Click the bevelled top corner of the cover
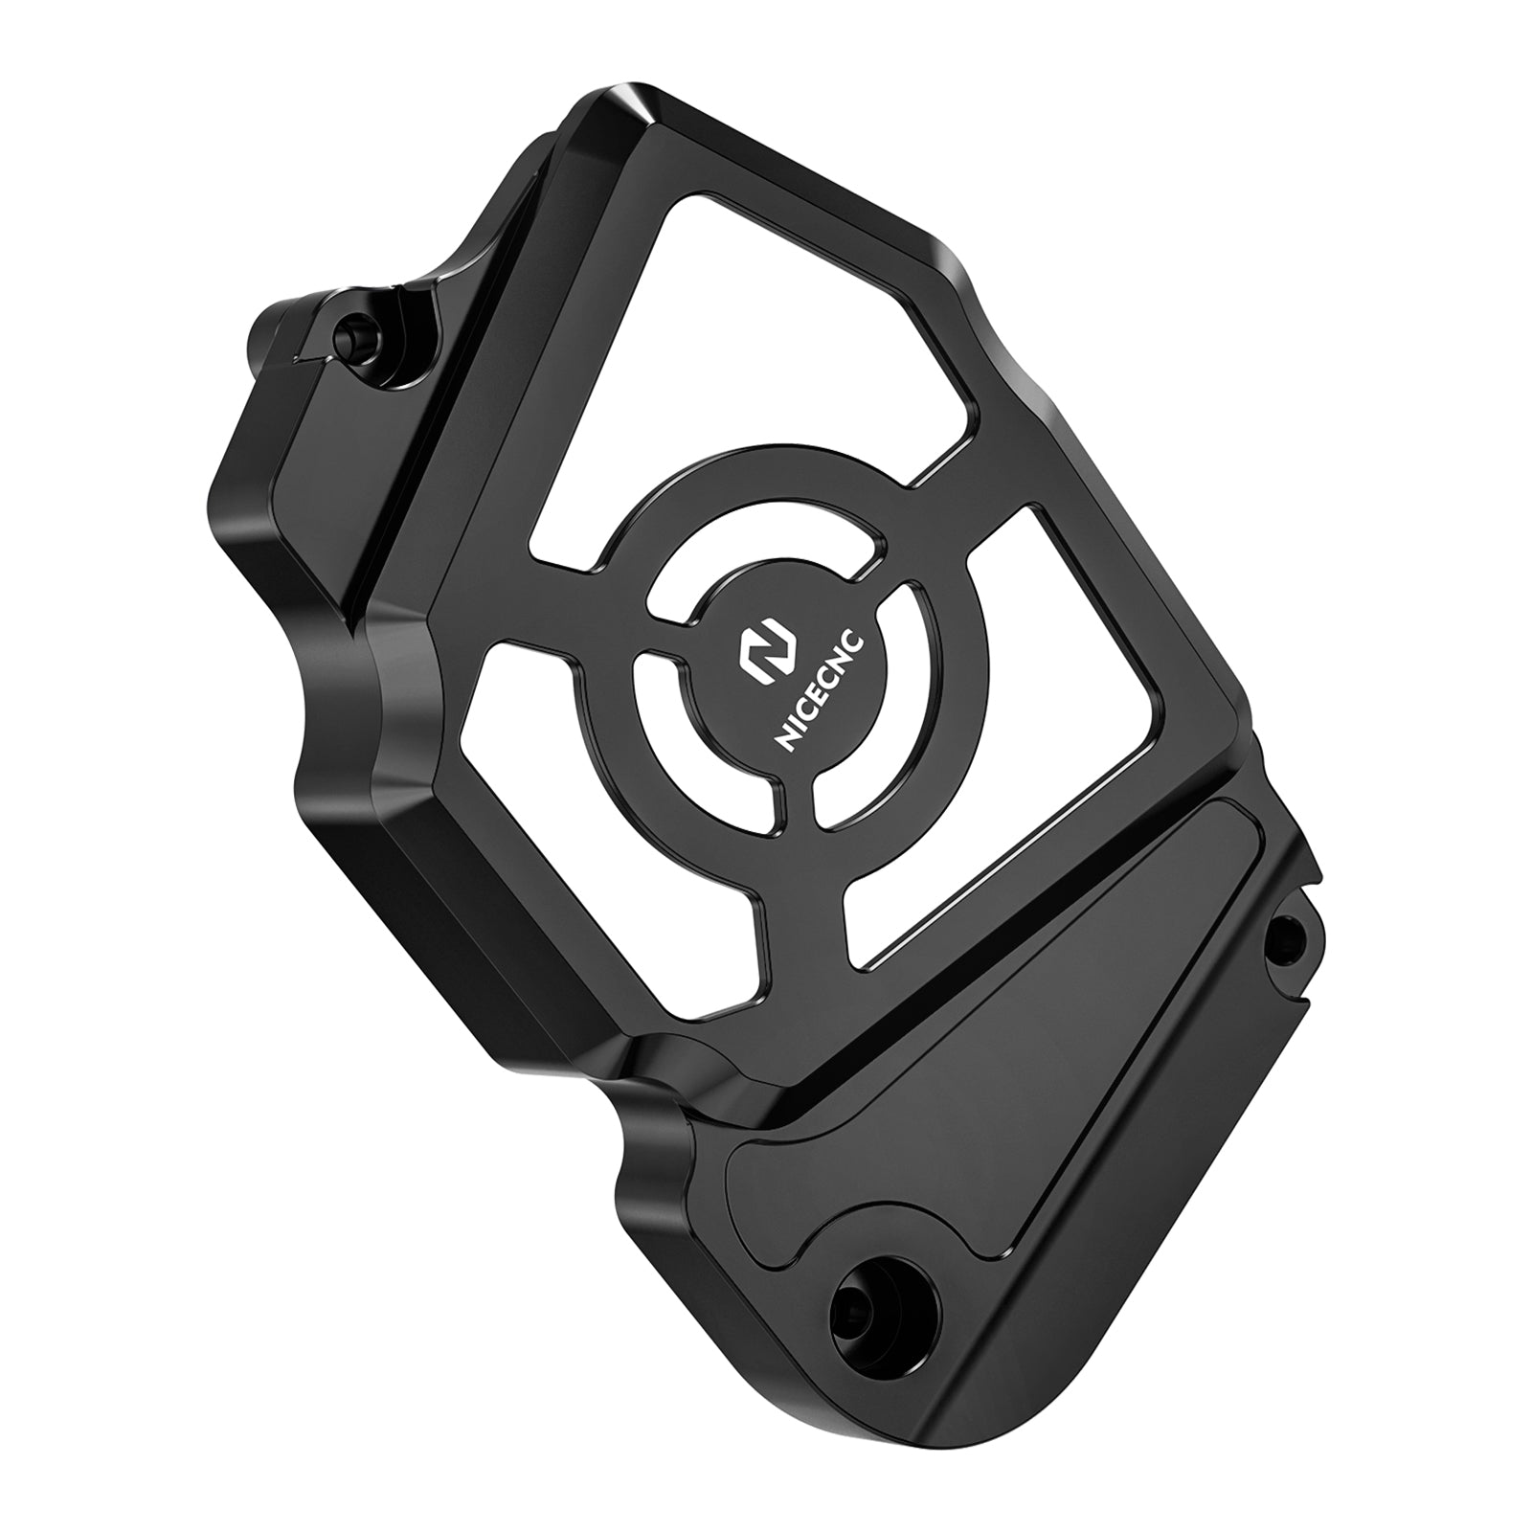coord(613,120)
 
